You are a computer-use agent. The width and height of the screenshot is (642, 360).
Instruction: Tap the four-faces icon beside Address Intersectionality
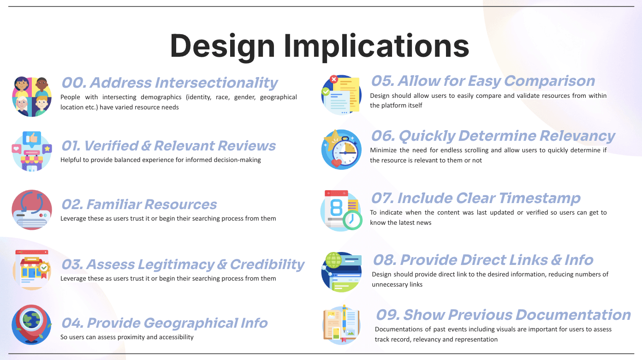tap(32, 96)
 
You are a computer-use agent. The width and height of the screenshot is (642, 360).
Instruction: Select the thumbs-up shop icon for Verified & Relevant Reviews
tap(32, 151)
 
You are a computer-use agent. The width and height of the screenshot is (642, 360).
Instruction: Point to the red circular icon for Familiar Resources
tap(32, 210)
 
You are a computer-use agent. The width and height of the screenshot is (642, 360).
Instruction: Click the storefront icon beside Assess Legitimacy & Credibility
tap(32, 270)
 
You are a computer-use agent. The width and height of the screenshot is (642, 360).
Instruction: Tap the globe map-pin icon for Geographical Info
tap(31, 324)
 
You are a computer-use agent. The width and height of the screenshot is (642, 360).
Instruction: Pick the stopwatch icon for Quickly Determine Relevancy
tap(341, 149)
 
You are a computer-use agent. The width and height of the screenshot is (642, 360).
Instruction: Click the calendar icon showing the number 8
tap(341, 210)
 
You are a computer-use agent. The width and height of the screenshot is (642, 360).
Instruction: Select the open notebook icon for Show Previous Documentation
tap(341, 324)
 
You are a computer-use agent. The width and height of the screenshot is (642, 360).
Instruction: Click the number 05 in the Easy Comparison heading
tap(383, 81)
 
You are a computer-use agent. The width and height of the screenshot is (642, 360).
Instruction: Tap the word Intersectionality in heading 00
tap(216, 83)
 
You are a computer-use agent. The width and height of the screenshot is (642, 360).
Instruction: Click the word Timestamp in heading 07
tap(540, 198)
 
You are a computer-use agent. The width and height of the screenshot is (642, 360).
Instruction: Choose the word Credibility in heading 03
tap(267, 264)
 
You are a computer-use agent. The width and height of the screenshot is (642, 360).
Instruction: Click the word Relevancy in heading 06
tap(577, 136)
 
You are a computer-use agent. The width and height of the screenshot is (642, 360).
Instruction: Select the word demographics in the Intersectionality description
tap(161, 97)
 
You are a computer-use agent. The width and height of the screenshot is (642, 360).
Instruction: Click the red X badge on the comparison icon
tap(333, 79)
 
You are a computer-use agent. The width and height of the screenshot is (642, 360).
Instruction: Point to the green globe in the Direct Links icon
tap(333, 260)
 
